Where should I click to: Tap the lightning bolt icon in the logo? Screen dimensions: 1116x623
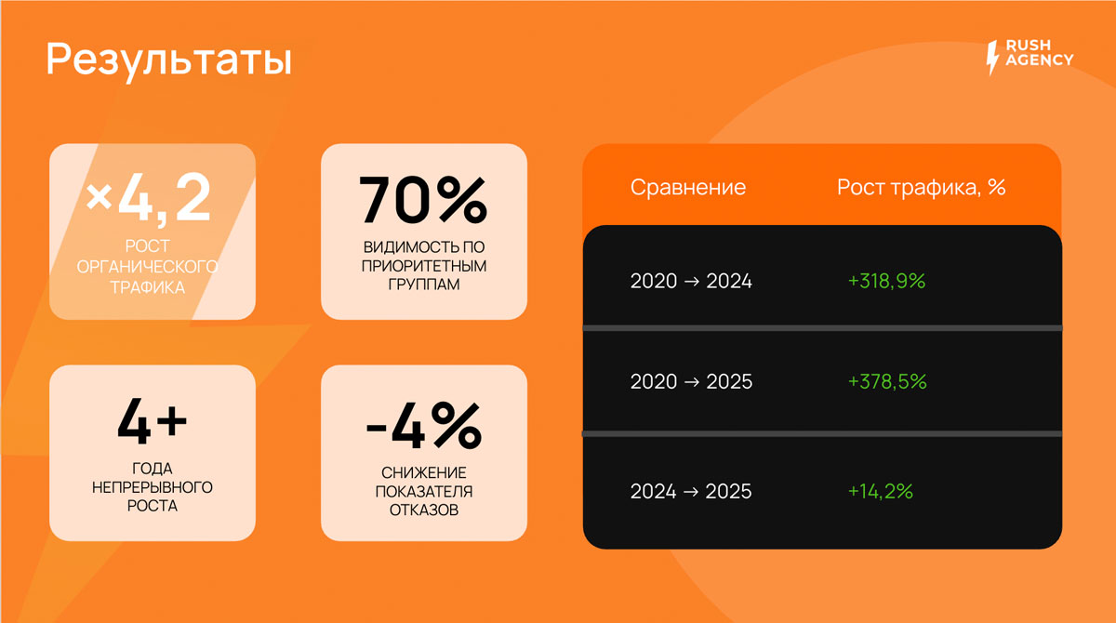pos(992,58)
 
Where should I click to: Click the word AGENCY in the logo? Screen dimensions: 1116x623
pos(1040,60)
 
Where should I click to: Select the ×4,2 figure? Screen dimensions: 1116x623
pos(149,199)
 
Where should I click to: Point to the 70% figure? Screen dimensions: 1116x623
pos(423,200)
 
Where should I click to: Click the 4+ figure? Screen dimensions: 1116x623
pos(152,421)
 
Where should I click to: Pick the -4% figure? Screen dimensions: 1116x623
pos(424,426)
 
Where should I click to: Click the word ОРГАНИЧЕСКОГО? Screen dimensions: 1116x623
pos(148,267)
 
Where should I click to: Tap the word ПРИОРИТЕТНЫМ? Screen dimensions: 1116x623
pos(424,266)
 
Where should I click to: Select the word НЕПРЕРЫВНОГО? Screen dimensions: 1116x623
pos(153,487)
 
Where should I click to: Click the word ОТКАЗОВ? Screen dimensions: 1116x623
pos(424,510)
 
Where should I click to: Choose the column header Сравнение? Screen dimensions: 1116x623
pos(688,188)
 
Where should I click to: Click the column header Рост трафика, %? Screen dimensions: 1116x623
pos(922,188)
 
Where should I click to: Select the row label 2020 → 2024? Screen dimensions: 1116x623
pos(691,282)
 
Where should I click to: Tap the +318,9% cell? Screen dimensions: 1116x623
pos(887,282)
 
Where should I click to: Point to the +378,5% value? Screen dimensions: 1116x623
pos(887,382)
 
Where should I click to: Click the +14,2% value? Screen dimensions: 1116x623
pos(881,492)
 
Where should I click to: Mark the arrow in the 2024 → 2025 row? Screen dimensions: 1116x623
pos(691,493)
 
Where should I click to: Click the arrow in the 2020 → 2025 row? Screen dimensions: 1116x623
pos(692,382)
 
